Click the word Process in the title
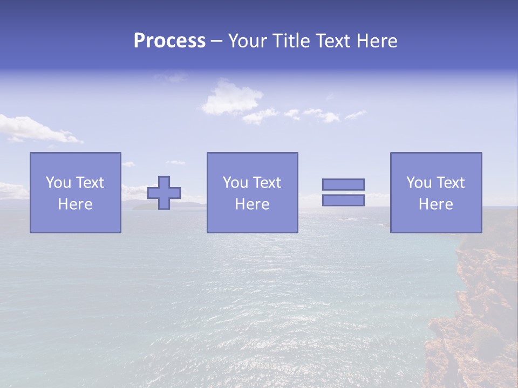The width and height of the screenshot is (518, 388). point(169,41)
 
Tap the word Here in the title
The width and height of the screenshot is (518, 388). point(377,41)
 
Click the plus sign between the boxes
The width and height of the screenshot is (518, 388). point(164,193)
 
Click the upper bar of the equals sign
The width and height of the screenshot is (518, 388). point(343,184)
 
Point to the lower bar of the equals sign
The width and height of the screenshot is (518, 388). point(343,200)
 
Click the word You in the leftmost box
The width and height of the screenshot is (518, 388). point(58,183)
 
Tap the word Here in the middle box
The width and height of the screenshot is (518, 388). point(252,204)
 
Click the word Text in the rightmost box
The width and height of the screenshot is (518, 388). point(451,183)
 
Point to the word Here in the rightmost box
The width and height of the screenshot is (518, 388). point(436,204)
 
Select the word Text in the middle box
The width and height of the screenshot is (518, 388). point(267,183)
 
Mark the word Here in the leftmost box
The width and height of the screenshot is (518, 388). point(76,204)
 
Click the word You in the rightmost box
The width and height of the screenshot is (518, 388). point(419,183)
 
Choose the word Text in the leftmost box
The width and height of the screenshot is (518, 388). point(90,183)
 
